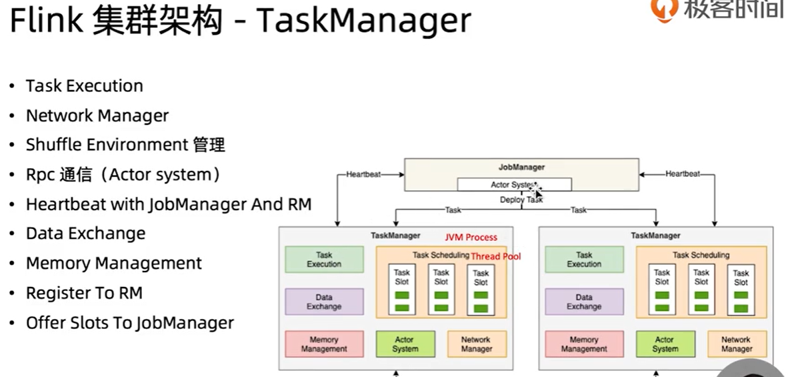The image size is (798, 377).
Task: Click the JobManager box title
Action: coord(521,167)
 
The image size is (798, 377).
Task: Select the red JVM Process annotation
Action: coord(471,237)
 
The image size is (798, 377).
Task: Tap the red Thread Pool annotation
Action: coord(496,256)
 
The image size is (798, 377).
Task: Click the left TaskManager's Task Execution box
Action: coord(324,260)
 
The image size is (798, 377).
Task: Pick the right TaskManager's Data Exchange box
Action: coord(584,302)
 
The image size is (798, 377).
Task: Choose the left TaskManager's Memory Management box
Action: coord(324,344)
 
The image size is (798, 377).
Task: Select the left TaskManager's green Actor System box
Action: coord(405,344)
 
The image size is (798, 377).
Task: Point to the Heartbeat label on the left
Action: coord(363,174)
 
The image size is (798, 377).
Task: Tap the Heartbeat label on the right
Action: coord(683,174)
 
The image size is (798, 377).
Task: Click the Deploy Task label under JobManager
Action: coord(521,200)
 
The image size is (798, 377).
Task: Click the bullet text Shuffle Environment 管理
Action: coord(125,145)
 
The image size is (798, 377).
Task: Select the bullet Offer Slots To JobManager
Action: coord(129,323)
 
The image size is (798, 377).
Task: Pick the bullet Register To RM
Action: coord(84,293)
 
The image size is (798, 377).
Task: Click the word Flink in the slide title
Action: coord(45,21)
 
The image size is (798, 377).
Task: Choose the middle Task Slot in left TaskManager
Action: coord(441,291)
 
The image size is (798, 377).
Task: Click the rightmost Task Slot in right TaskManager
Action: coord(741,291)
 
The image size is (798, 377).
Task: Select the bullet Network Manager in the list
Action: coord(97,115)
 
